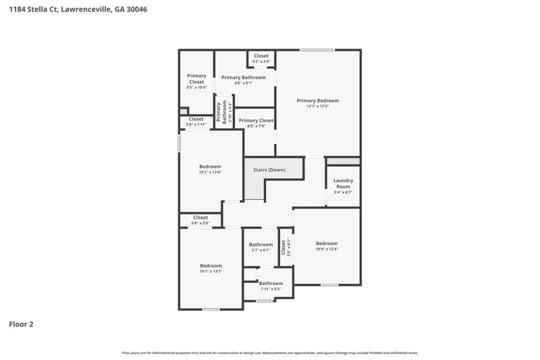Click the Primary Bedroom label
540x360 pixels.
pos(318,101)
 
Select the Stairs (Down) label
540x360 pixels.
pos(269,170)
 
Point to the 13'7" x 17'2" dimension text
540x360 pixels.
pos(318,107)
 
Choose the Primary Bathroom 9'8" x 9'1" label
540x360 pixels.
pos(244,80)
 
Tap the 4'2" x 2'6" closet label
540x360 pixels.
pos(261,59)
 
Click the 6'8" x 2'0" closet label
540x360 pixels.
pos(200,220)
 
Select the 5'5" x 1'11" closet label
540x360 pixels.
pos(196,122)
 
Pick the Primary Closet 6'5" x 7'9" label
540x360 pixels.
pos(256,123)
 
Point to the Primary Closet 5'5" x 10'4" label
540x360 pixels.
pos(196,82)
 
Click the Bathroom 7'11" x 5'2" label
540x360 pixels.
pos(271,286)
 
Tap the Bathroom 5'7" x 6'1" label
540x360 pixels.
pos(261,247)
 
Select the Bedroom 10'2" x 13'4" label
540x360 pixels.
pos(210,169)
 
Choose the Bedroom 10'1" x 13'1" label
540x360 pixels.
pos(211,268)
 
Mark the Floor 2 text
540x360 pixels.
pos(21,324)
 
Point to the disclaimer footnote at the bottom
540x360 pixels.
pos(269,353)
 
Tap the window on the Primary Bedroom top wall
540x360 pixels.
pos(317,49)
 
